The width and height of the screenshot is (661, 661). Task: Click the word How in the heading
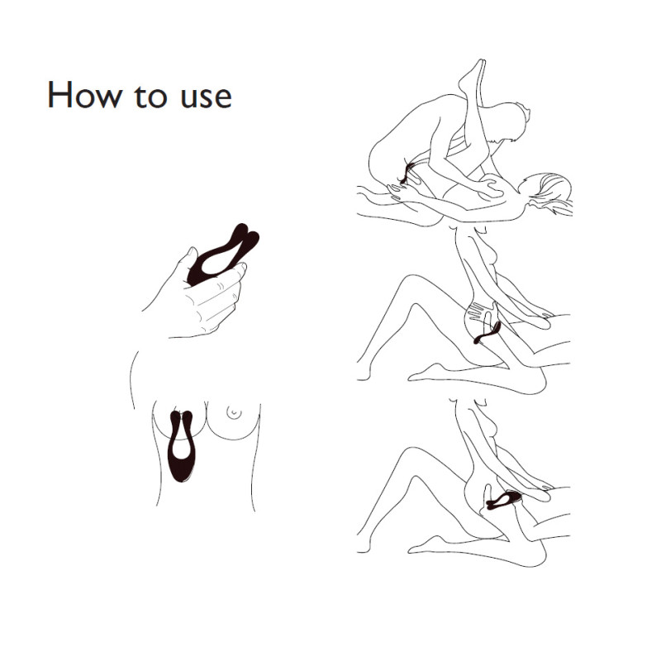[x=84, y=94]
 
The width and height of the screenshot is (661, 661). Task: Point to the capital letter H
[x=59, y=94]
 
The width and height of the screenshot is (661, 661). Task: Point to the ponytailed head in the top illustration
[x=548, y=192]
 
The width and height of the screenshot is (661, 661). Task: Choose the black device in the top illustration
[x=407, y=173]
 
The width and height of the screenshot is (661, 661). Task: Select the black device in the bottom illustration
[x=504, y=501]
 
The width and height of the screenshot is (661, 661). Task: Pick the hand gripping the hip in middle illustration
[x=477, y=313]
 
